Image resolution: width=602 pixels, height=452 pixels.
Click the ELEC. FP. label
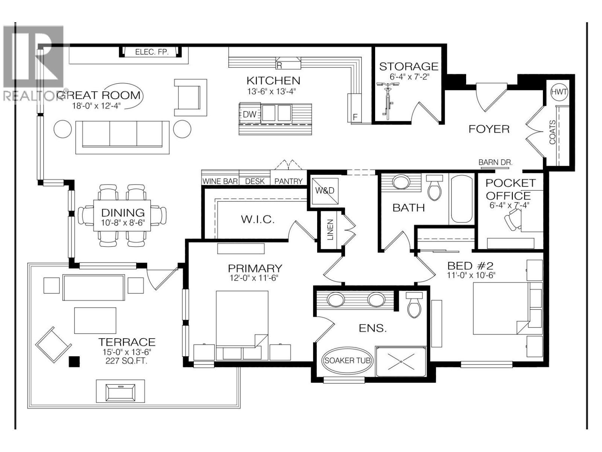(x=152, y=52)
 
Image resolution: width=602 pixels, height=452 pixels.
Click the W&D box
(x=325, y=191)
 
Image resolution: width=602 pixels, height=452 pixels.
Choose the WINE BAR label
(x=220, y=181)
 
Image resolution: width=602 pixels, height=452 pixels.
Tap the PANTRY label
(x=288, y=181)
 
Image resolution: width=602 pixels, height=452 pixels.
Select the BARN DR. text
(x=495, y=162)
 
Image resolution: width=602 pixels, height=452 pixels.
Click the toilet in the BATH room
(x=435, y=188)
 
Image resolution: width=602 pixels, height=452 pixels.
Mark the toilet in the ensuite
(x=415, y=305)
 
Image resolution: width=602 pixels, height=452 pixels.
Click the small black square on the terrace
(x=74, y=362)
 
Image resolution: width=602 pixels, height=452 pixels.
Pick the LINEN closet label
(x=330, y=230)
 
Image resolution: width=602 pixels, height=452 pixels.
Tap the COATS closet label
(x=552, y=132)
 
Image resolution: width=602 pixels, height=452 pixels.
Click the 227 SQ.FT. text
(x=127, y=361)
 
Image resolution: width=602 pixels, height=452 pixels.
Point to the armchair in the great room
(x=190, y=97)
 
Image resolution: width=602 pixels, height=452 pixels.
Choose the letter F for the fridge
(x=355, y=117)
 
